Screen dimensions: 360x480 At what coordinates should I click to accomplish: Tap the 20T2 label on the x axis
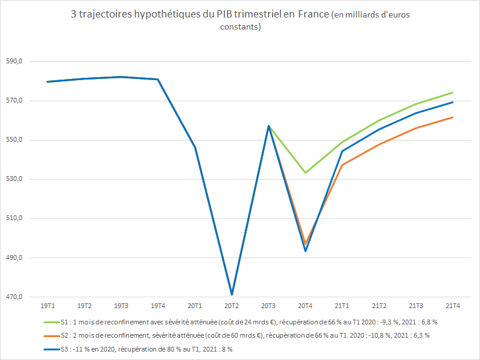[x=232, y=306]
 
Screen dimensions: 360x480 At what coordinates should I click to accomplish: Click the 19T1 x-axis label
[x=48, y=306]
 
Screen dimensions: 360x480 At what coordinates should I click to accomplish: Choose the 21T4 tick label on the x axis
[x=453, y=306]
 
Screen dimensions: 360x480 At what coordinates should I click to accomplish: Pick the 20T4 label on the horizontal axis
[x=306, y=306]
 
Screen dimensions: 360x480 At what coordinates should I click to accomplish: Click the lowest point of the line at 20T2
[x=232, y=294]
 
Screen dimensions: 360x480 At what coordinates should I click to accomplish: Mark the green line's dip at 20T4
[x=306, y=173]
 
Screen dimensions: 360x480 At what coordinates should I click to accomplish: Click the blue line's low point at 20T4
[x=306, y=251]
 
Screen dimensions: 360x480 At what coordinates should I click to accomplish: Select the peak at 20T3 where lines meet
[x=269, y=126]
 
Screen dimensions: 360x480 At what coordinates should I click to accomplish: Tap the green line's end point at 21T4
[x=453, y=93]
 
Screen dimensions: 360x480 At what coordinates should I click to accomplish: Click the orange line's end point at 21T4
[x=453, y=117]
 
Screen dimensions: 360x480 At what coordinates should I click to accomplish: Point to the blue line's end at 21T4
[x=453, y=102]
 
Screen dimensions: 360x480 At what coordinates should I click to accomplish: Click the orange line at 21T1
[x=343, y=165]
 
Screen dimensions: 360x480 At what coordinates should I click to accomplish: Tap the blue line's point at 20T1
[x=195, y=148]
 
